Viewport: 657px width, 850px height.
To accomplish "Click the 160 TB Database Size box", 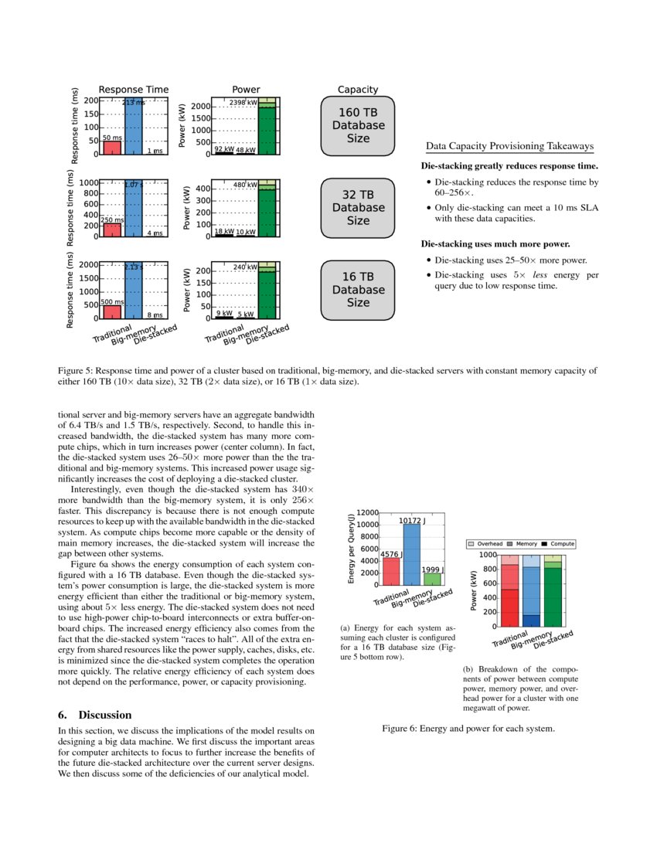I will [x=357, y=125].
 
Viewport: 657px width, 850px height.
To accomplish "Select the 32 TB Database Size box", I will [x=357, y=207].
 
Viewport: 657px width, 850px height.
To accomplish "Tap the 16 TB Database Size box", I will [x=357, y=290].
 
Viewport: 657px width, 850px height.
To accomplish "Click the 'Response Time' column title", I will [x=133, y=90].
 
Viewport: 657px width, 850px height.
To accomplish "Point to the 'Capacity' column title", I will [x=357, y=90].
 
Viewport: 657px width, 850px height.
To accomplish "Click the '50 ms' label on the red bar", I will [x=112, y=138].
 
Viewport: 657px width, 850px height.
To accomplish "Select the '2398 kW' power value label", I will [x=243, y=102].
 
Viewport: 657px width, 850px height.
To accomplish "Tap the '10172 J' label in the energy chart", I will [x=412, y=521].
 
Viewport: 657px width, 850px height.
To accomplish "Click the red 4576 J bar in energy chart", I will [x=391, y=571].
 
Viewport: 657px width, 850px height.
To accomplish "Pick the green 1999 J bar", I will [x=432, y=579].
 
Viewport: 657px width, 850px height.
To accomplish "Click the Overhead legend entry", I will [x=485, y=544].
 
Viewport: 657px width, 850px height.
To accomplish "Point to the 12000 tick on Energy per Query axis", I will [x=368, y=513].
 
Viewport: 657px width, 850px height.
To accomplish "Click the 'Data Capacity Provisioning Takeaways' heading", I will [x=509, y=146].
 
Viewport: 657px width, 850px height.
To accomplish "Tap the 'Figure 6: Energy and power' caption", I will [x=468, y=728].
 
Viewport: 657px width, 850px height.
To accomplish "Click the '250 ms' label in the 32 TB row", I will [x=113, y=220].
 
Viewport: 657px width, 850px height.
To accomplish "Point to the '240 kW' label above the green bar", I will [x=244, y=267].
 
